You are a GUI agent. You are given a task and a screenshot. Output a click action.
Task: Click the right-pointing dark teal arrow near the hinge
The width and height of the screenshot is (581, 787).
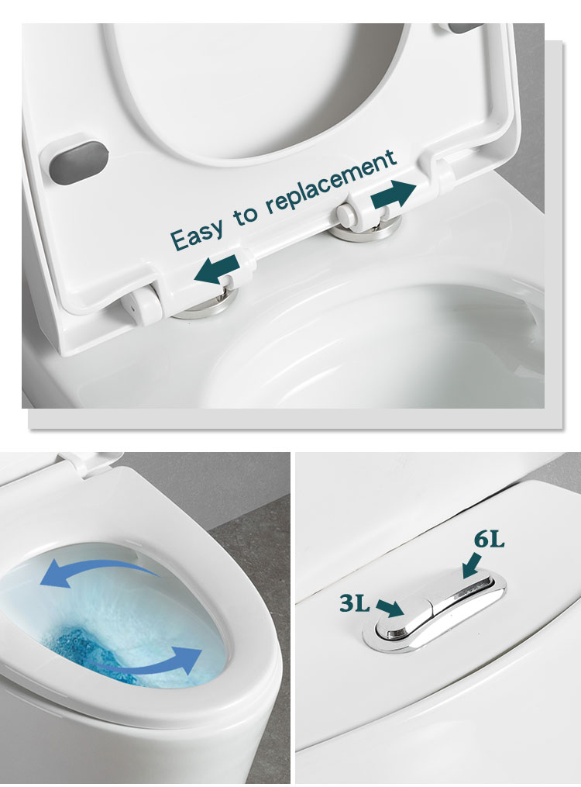tap(394, 195)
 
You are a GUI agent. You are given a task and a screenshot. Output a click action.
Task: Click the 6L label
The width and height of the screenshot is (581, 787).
tap(489, 540)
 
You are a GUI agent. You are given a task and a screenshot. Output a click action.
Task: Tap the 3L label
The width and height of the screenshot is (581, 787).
tap(355, 602)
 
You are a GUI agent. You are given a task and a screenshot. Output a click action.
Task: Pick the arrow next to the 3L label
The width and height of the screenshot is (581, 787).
tap(390, 608)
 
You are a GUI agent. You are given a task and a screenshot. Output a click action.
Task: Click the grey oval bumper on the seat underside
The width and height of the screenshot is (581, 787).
tap(79, 161)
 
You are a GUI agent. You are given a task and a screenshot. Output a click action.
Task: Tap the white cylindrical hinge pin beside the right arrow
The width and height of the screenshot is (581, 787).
tap(348, 212)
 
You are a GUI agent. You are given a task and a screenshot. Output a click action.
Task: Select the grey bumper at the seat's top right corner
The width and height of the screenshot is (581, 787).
tap(466, 28)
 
